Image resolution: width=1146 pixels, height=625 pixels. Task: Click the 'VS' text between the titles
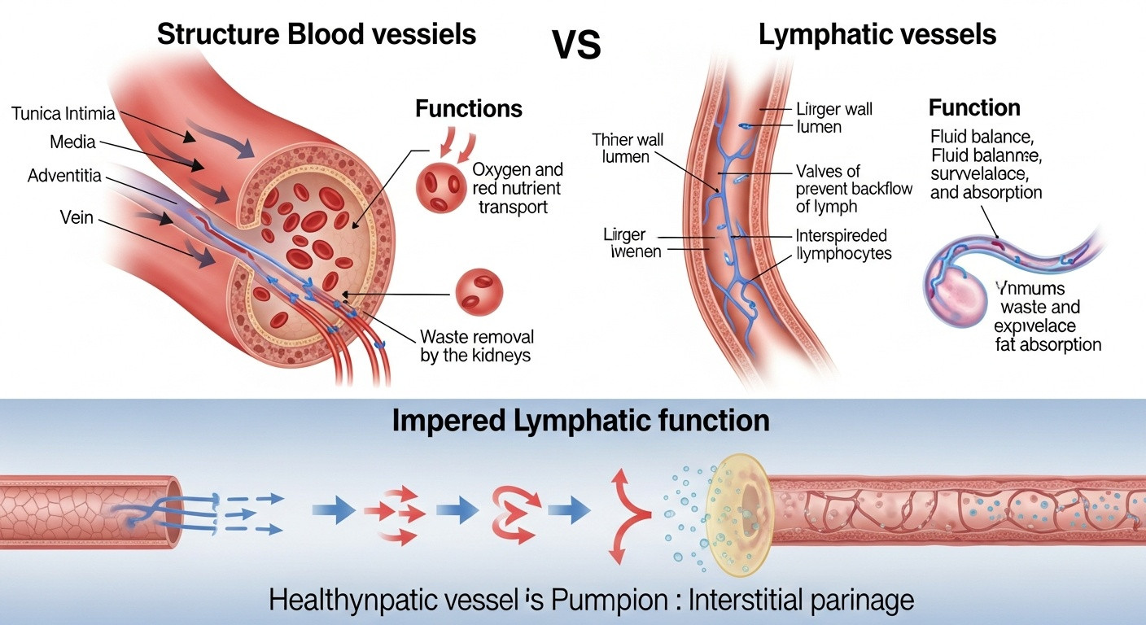coord(576,46)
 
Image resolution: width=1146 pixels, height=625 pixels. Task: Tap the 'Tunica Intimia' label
coord(63,113)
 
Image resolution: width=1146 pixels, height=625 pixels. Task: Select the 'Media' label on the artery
coord(72,142)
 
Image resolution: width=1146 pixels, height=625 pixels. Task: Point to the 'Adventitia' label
coord(66,175)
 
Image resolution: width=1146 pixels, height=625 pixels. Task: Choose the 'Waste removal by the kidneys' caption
coord(477,346)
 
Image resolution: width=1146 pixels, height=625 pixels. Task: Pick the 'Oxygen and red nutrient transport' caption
coord(517,189)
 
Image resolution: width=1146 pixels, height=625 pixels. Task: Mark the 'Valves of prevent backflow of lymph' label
coord(852,189)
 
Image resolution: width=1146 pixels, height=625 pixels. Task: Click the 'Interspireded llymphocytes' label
coord(842,244)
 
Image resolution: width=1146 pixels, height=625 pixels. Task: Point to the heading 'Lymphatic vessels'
coord(877,34)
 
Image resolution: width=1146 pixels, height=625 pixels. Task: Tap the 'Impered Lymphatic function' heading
coord(580,421)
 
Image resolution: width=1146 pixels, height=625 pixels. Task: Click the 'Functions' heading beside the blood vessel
coord(469,108)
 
